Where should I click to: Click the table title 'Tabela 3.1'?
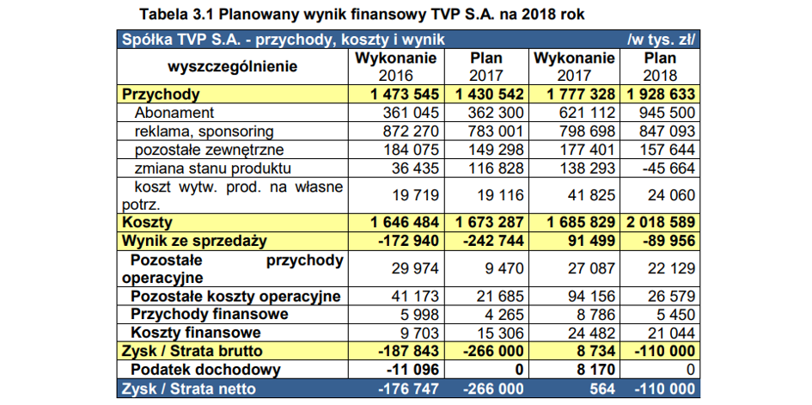[176, 15]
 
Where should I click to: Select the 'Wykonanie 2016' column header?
[395, 66]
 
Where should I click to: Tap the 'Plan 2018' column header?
[660, 66]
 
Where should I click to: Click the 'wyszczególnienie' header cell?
[233, 67]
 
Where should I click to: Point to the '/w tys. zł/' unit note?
[661, 40]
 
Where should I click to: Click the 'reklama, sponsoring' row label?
[204, 132]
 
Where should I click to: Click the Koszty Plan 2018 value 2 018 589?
[661, 223]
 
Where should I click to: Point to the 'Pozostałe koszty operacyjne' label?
[235, 297]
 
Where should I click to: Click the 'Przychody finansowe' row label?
[210, 314]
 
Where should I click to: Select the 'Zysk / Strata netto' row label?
[188, 389]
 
